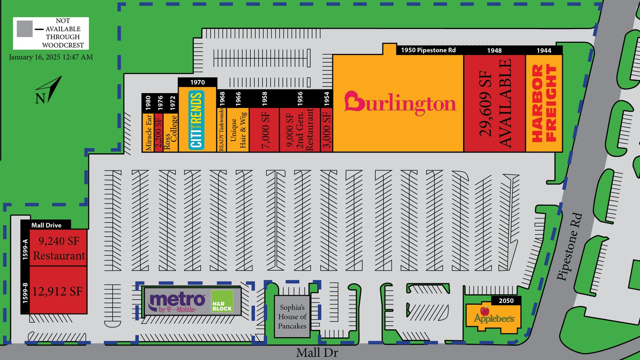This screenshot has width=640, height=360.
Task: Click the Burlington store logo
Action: pos(400,103)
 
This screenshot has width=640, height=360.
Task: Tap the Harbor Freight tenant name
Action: pos(544,103)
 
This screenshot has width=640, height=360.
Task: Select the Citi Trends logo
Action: pos(196,120)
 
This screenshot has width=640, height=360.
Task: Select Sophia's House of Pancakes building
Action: pos(292,316)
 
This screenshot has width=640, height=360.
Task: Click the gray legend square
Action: pos(24,29)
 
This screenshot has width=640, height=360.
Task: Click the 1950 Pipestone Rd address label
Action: pos(428,50)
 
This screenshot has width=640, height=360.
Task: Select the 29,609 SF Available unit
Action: pos(494,103)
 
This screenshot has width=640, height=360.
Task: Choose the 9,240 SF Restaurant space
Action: pos(58,248)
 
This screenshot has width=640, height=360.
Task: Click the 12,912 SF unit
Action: pos(58,290)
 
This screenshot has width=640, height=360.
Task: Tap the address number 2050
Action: pos(506,300)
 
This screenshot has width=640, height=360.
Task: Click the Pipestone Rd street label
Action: pos(570,246)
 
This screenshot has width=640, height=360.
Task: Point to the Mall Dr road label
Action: pos(317,353)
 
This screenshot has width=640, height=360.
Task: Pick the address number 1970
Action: pos(198,82)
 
